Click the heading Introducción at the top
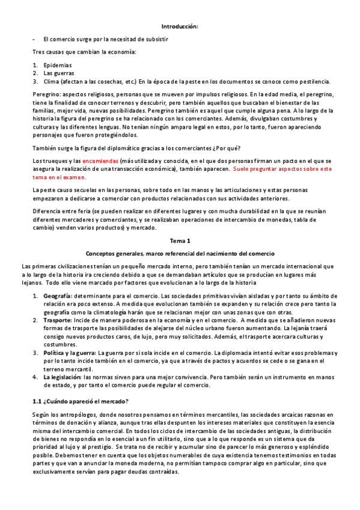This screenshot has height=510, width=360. pos(180,26)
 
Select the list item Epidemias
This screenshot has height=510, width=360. pos(58,65)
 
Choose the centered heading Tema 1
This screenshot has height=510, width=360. pos(180,241)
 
